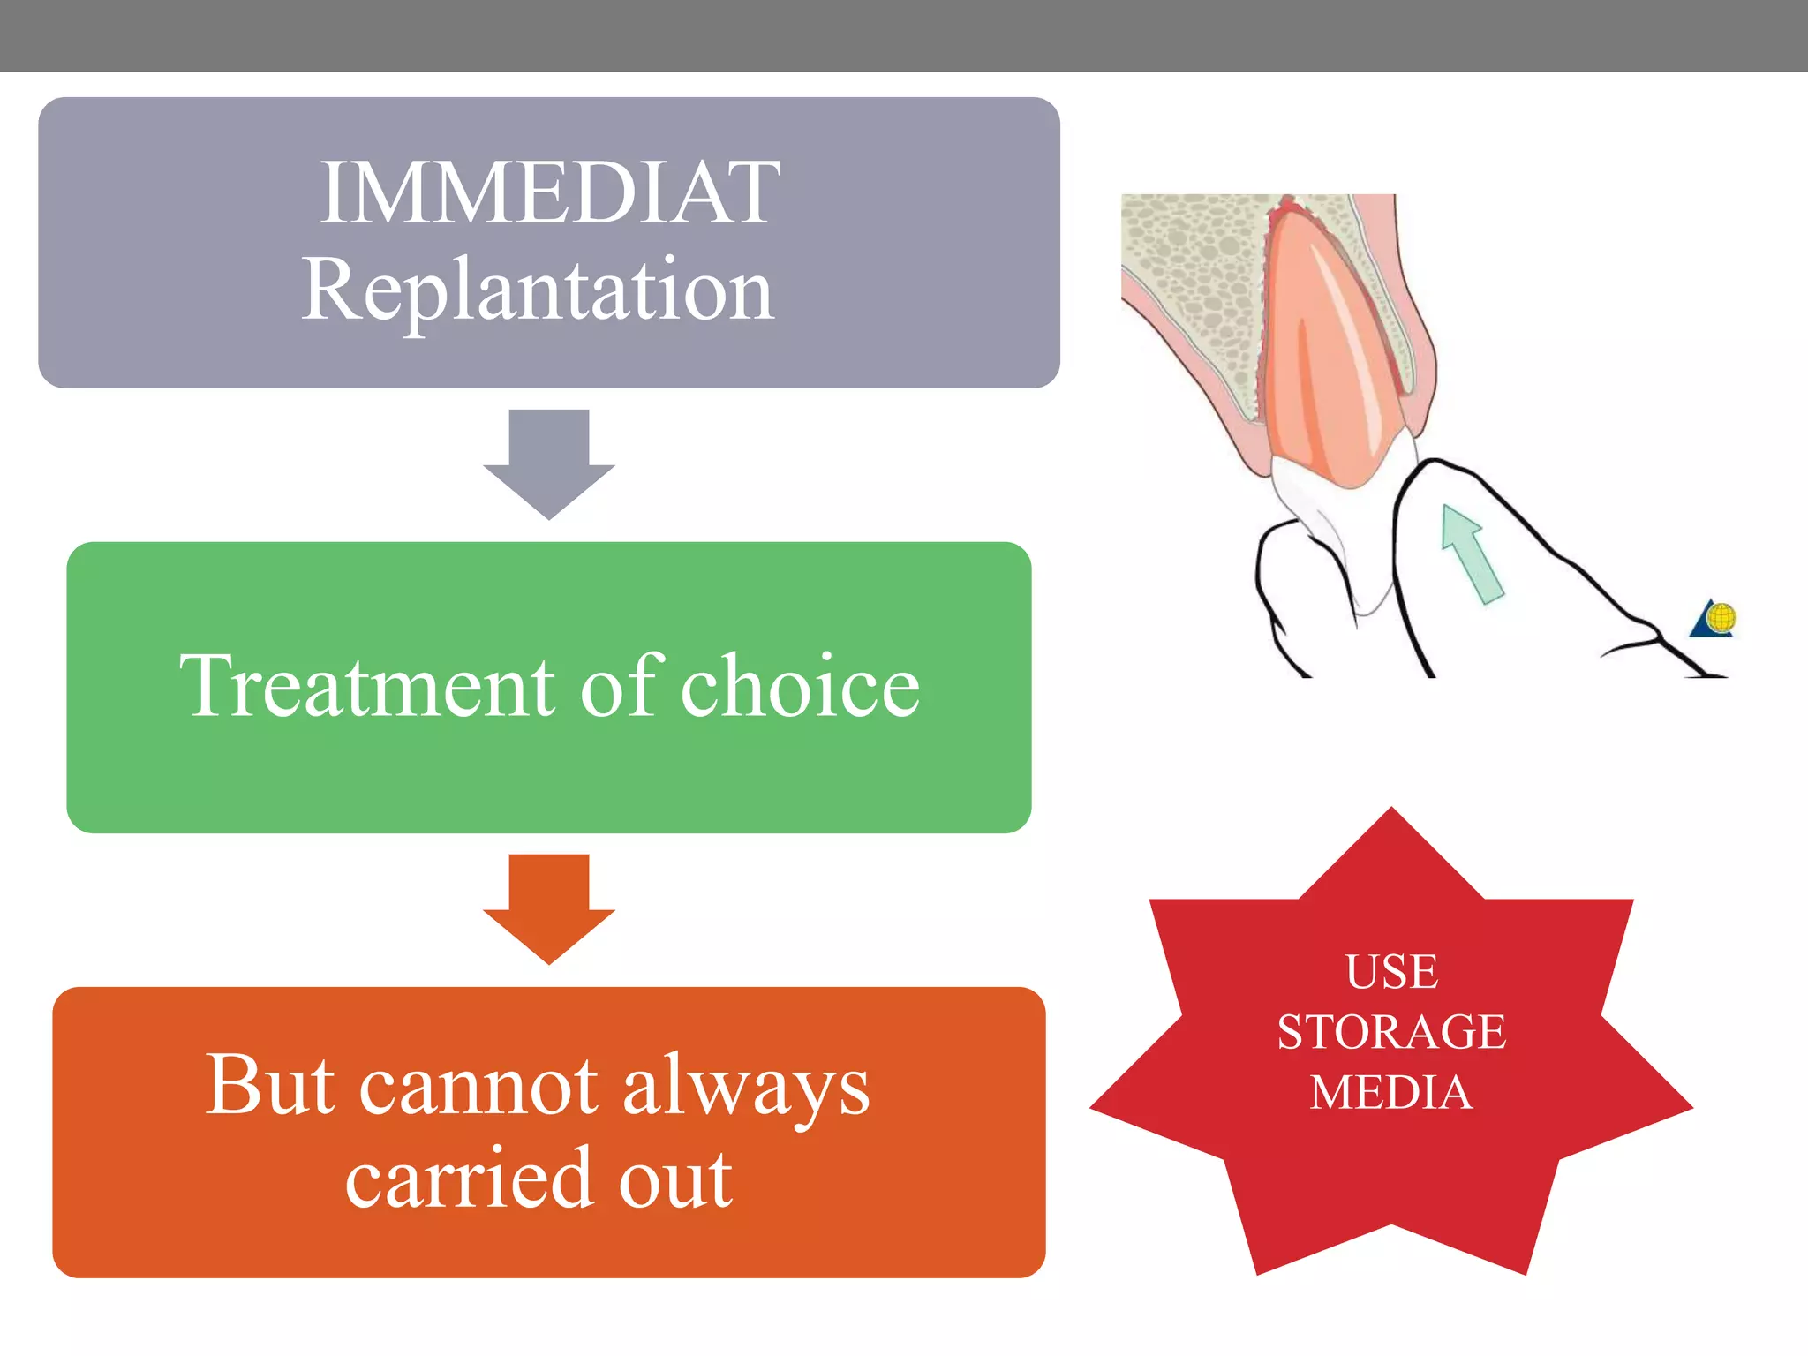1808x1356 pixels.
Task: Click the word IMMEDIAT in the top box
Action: [549, 192]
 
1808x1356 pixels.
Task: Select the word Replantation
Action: [538, 290]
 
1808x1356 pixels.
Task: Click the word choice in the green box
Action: [800, 687]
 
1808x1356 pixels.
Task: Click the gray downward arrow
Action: [549, 463]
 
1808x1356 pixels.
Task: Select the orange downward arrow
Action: [549, 908]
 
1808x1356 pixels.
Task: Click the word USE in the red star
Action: [1391, 972]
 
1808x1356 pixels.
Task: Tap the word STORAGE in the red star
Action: [1391, 1032]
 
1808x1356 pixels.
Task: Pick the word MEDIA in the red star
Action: [1391, 1093]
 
